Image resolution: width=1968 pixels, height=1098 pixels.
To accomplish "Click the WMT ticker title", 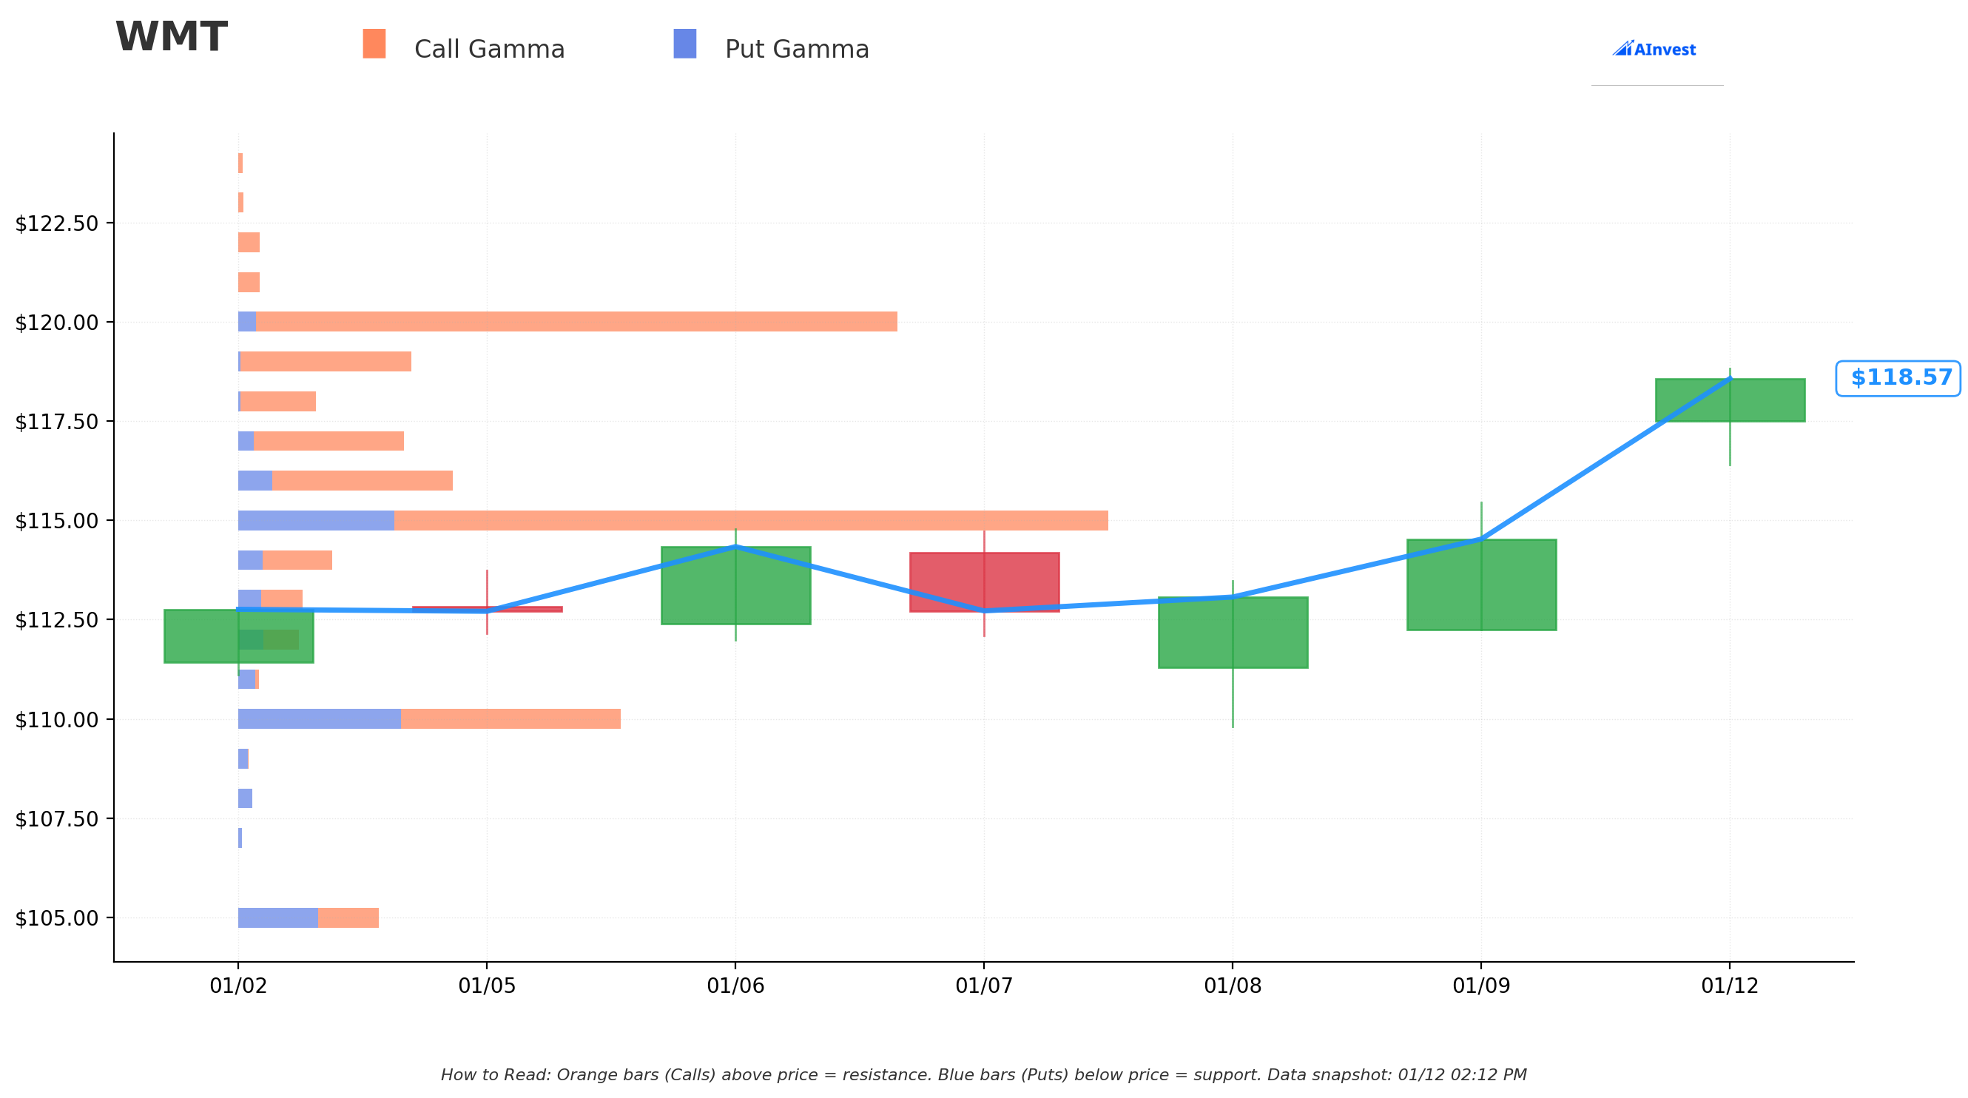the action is click(x=171, y=37).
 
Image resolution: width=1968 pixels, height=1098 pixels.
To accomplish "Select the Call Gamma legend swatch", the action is click(x=374, y=44).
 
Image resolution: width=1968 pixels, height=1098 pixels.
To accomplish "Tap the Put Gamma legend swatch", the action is click(x=684, y=44).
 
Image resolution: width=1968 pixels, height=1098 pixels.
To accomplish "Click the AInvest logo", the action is click(x=1654, y=49).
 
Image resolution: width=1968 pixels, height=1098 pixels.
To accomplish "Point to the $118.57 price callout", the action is click(x=1898, y=378).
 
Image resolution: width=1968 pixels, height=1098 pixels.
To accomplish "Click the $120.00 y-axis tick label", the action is click(x=57, y=323).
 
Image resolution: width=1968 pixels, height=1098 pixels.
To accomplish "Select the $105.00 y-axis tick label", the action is click(x=57, y=917).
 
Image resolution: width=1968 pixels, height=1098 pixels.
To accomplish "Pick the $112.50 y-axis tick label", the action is click(x=57, y=620).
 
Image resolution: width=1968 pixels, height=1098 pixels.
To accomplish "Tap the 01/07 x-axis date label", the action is click(x=984, y=986).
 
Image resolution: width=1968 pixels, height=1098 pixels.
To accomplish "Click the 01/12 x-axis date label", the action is click(x=1730, y=986).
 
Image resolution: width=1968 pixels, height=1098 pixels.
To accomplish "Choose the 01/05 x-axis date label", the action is click(x=487, y=986).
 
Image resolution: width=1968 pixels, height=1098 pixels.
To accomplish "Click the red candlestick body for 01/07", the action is click(x=984, y=582).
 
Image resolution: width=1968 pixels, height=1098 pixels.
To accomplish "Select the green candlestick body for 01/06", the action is click(x=735, y=585).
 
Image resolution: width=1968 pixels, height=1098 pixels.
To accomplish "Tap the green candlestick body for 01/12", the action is click(x=1730, y=400).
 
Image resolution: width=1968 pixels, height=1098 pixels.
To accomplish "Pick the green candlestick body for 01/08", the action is click(x=1233, y=632).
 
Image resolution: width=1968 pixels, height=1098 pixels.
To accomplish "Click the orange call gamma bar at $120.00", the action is click(x=577, y=322).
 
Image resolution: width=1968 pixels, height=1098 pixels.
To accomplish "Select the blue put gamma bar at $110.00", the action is click(x=320, y=719).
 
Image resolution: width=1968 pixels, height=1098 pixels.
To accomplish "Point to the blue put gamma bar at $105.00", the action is click(x=278, y=917).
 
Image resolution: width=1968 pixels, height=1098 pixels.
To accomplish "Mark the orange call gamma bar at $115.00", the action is click(x=751, y=520).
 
